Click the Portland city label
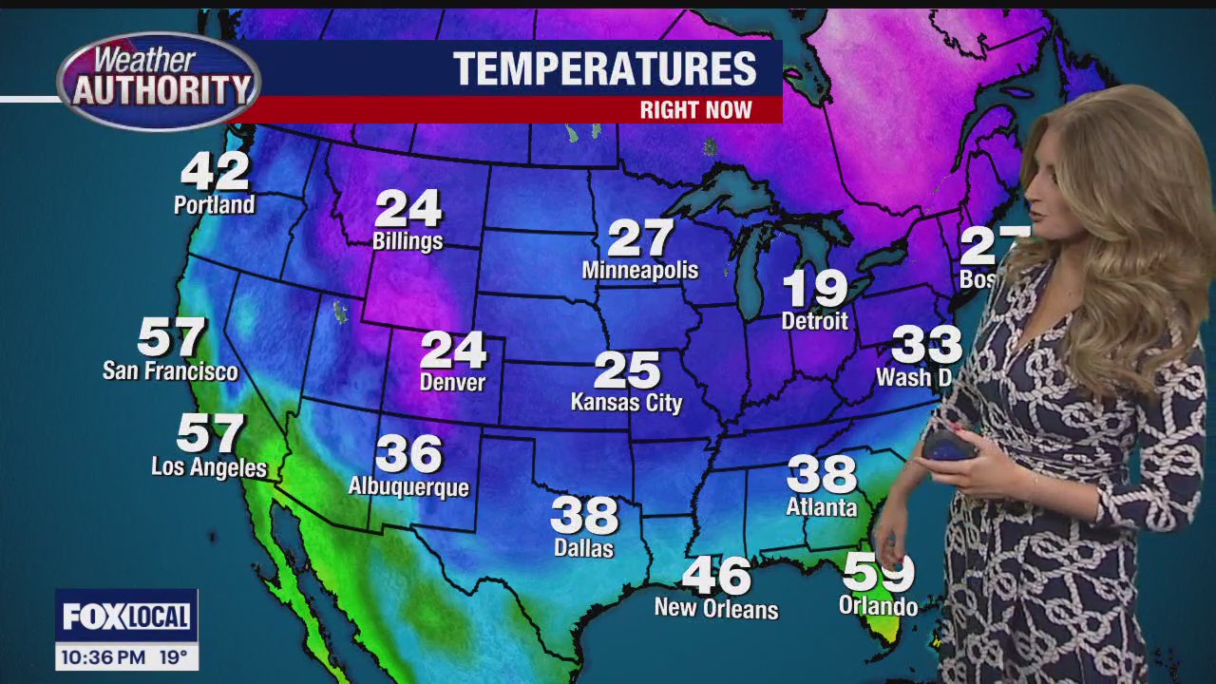coord(215,205)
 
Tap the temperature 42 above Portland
coord(216,171)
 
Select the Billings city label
coord(408,241)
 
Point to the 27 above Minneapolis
coord(640,238)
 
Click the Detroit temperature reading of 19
coord(815,288)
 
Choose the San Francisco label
coord(170,370)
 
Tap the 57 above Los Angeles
coord(210,434)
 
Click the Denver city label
coord(453,383)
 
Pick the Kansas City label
coord(626,403)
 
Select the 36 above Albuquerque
coord(409,454)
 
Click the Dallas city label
coord(583,548)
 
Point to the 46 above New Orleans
coord(716,575)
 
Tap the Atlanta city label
coord(822,507)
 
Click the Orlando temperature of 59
coord(879,573)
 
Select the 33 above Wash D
coord(926,345)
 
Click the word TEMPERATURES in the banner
coord(604,69)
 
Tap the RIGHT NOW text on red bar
coord(695,110)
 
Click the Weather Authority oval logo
coord(159,82)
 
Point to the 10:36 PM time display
coord(104,656)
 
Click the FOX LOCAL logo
coord(126,617)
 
